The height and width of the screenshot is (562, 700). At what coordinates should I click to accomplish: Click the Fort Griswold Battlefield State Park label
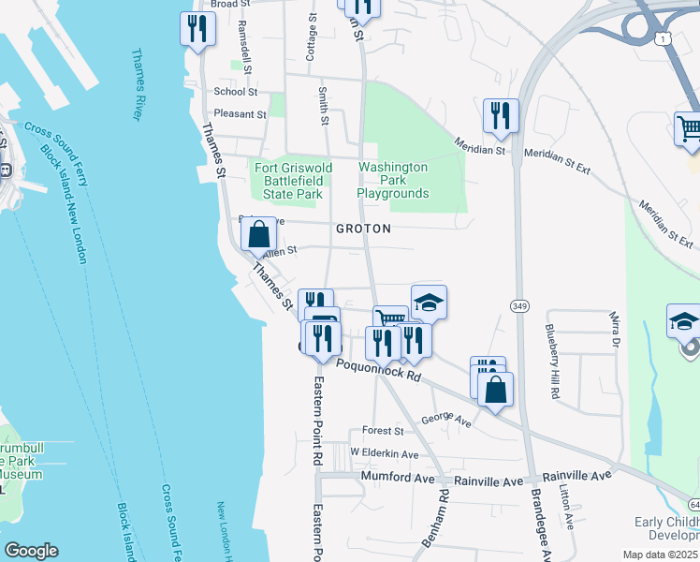coord(289,181)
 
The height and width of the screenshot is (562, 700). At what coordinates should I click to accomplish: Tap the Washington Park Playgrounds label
coord(392,181)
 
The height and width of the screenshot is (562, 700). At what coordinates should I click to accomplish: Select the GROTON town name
coord(363,229)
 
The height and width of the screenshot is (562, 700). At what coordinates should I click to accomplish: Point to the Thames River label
coord(137,84)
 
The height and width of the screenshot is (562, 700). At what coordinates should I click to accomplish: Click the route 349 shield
coord(521,306)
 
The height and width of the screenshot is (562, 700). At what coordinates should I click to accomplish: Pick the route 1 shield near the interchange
coord(663,37)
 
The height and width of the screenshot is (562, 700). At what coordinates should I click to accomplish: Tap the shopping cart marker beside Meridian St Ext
coord(690,129)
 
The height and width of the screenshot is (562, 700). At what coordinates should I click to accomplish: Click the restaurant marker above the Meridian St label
coord(500,115)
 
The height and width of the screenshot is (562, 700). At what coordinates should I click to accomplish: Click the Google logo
coord(31,551)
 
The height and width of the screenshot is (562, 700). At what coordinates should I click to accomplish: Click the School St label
coord(235,92)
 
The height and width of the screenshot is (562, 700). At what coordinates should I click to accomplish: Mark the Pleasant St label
coord(240,115)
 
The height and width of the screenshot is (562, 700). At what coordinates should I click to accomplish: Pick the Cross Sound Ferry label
coord(56,137)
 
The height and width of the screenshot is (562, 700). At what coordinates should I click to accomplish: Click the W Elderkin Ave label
coord(384,453)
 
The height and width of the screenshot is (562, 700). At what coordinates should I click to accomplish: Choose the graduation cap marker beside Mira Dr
coord(683,320)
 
